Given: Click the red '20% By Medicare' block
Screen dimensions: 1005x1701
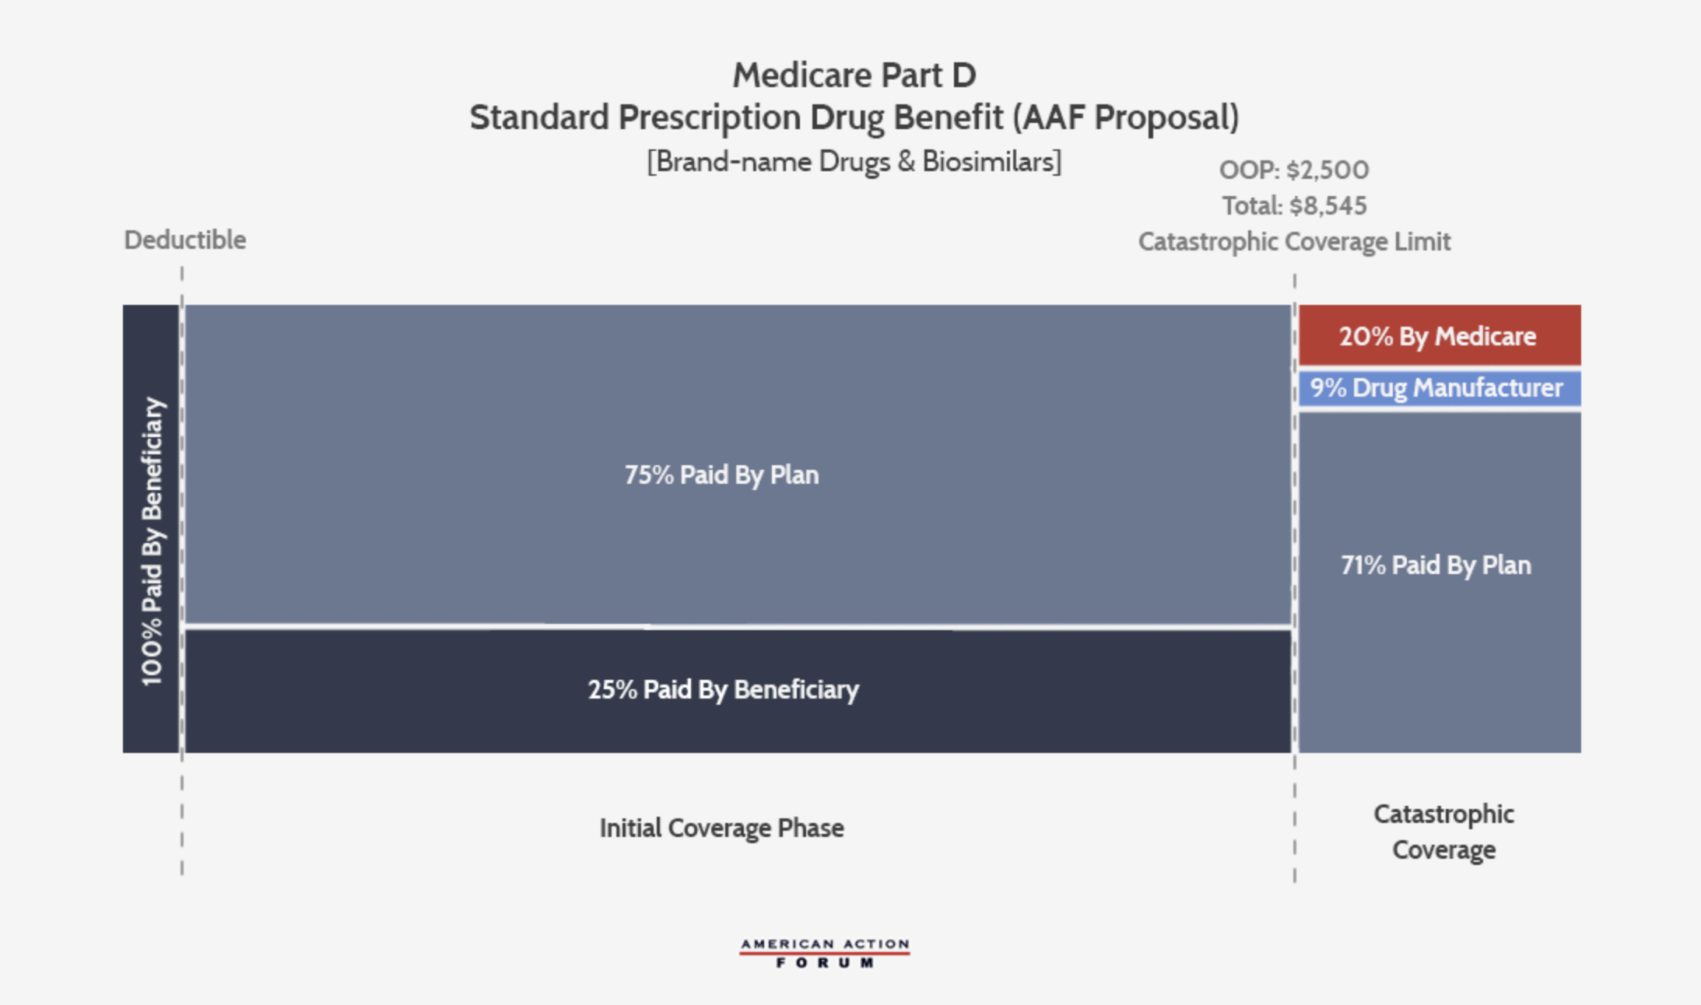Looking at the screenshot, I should (x=1440, y=335).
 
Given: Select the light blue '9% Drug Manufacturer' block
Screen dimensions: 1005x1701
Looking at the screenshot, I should (x=1440, y=388).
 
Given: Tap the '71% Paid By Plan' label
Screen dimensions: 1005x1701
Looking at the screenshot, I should (x=1436, y=566).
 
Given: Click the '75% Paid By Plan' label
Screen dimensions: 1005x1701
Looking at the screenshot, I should (x=721, y=475).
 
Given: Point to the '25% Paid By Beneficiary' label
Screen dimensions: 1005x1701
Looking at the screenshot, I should (x=723, y=690).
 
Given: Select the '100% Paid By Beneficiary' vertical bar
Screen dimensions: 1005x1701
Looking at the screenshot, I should (x=151, y=529).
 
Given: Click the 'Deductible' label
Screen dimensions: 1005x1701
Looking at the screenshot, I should (x=185, y=240).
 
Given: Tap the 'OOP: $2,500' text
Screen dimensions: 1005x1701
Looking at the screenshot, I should (x=1293, y=170).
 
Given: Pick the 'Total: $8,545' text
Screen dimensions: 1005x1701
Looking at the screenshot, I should (x=1294, y=206).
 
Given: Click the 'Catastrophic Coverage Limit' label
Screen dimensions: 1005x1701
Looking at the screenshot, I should (x=1294, y=242).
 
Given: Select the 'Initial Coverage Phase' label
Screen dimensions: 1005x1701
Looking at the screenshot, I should (x=721, y=828).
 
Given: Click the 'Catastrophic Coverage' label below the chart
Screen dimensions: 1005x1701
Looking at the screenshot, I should (x=1443, y=832).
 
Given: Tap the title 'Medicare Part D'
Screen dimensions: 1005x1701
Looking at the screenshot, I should (x=854, y=75).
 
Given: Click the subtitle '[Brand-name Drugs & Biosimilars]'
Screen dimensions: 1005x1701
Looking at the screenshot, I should (x=854, y=162).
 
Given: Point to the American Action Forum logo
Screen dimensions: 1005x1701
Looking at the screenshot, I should (x=824, y=953).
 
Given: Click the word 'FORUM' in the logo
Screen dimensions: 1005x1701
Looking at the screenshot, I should (x=824, y=964).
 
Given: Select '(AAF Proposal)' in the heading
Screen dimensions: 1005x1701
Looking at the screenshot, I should (x=1125, y=118).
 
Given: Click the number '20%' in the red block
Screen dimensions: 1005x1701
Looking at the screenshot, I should (x=1366, y=337).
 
